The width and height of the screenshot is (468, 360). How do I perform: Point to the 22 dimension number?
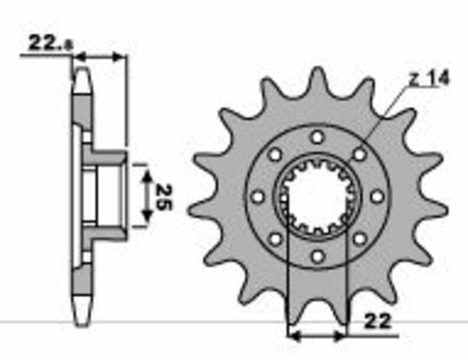[375, 320]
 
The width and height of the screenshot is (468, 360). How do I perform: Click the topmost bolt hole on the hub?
[317, 137]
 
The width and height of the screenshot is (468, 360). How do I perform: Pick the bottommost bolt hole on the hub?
[317, 255]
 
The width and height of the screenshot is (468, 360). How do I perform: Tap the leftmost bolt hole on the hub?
[258, 196]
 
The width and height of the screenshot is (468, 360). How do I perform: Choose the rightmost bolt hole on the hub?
[376, 196]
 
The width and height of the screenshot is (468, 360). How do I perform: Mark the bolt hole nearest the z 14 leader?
[359, 154]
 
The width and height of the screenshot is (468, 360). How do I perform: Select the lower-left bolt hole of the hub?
[275, 238]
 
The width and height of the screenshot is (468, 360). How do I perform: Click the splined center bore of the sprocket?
[317, 196]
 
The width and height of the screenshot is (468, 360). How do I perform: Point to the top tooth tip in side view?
[81, 74]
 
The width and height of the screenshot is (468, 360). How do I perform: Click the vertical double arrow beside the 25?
[146, 196]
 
